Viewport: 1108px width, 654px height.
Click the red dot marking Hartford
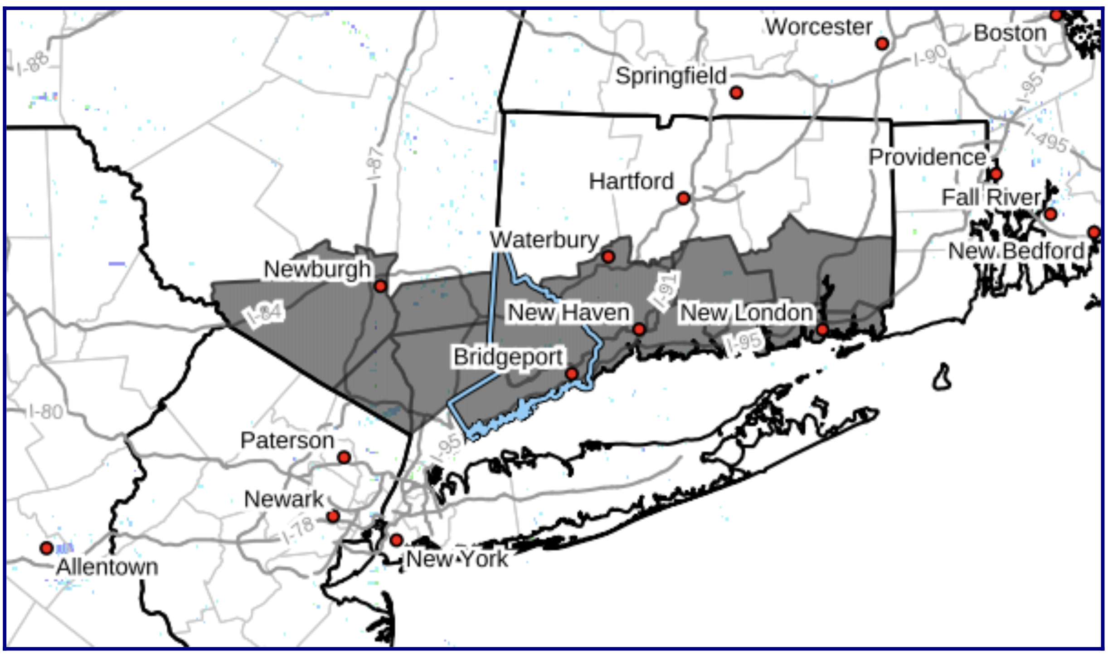[683, 198]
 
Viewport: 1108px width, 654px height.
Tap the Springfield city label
[671, 76]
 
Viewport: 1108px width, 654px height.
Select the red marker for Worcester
[882, 44]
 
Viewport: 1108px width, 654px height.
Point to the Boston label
[1010, 34]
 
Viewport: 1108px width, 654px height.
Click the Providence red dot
[996, 174]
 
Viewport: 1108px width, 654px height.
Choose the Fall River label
[991, 197]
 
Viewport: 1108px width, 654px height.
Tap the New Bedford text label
[1016, 251]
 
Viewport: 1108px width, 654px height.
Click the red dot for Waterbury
[608, 257]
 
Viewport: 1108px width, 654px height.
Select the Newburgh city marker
[380, 286]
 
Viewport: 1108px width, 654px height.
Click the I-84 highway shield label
[266, 313]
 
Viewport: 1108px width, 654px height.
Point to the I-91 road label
[665, 291]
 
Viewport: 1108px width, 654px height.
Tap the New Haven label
[569, 312]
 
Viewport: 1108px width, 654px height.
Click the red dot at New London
[822, 330]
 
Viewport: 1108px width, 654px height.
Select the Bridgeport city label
[508, 357]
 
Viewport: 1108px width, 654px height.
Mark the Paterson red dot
[344, 457]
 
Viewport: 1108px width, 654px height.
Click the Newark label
[283, 499]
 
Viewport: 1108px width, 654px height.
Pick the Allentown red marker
[46, 548]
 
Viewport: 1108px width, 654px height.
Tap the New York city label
[457, 559]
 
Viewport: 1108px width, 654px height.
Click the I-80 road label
[45, 412]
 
